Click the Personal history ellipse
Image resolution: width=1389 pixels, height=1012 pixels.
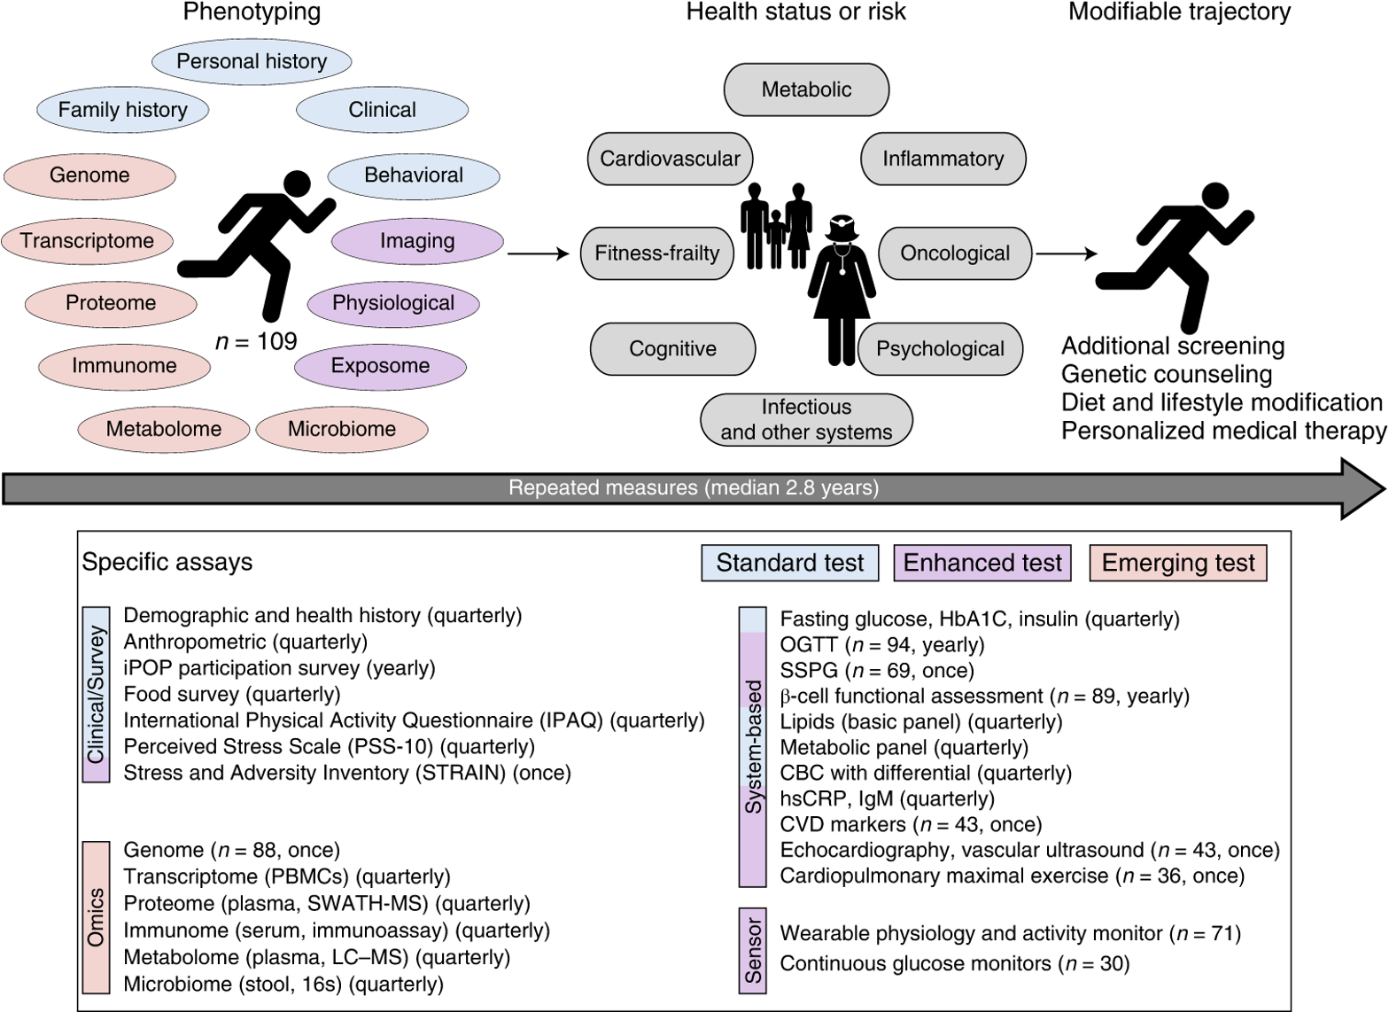[x=252, y=61]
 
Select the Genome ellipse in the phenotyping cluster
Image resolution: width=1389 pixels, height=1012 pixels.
[x=89, y=175]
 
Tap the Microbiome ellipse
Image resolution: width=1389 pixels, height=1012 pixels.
[x=342, y=429]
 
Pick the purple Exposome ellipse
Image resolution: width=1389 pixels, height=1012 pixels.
[x=380, y=366]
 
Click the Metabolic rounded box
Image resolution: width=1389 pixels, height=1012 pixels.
[x=806, y=90]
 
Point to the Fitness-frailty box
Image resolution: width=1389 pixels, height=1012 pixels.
[x=657, y=253]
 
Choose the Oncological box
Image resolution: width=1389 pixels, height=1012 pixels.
[x=955, y=253]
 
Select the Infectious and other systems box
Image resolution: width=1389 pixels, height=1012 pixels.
[x=806, y=419]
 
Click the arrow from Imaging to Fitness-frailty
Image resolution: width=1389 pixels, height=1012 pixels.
[x=539, y=254]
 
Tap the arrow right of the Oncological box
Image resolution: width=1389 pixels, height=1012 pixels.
[x=1067, y=254]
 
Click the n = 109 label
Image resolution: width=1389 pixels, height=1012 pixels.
[x=257, y=342]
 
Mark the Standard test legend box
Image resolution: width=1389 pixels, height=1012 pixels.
[x=789, y=563]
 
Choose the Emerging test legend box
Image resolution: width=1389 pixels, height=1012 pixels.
[x=1178, y=563]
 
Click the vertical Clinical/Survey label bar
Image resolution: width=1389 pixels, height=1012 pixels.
[x=96, y=694]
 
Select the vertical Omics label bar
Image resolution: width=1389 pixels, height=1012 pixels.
[x=96, y=916]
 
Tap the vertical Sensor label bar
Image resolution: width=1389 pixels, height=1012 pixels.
[x=753, y=950]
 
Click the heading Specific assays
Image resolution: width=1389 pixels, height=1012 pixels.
[x=167, y=562]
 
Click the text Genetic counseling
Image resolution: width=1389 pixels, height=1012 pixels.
[x=1167, y=374]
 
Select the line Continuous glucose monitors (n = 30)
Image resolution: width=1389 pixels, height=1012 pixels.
[x=954, y=963]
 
